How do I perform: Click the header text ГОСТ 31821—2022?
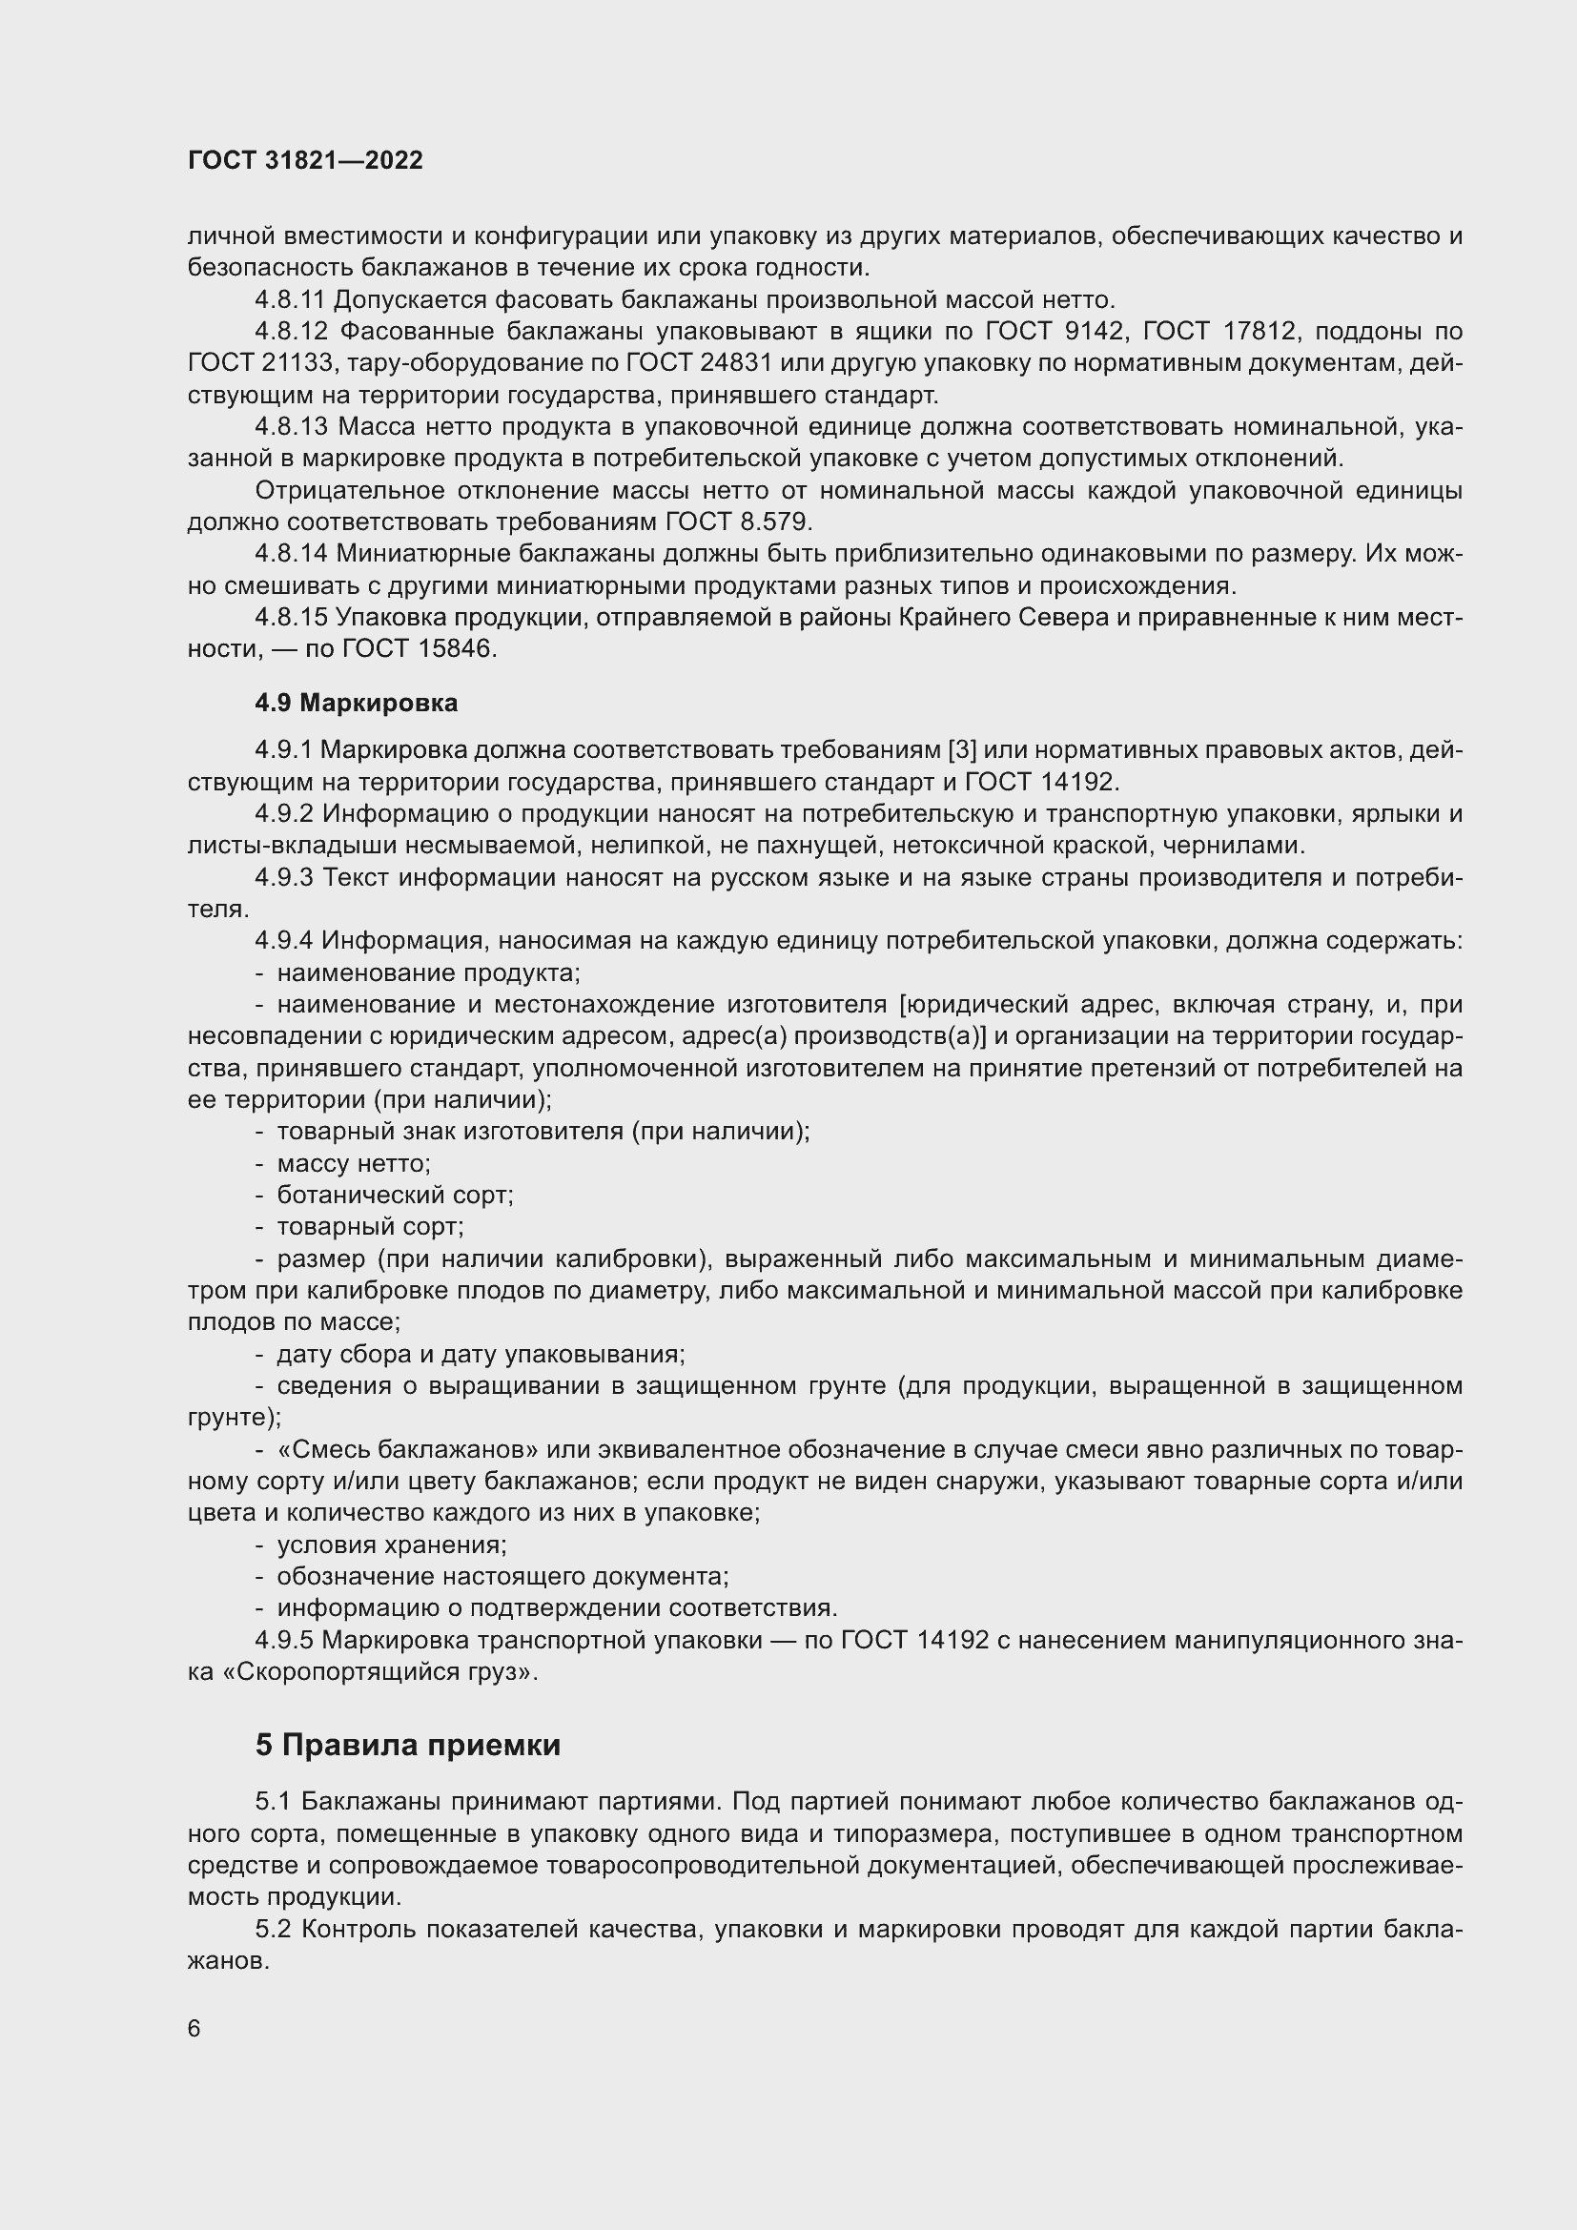coord(305,160)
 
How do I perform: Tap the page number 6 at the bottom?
coord(195,2029)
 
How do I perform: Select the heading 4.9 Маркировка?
coord(357,703)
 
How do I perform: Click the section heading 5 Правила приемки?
coord(408,1746)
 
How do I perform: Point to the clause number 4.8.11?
coord(291,299)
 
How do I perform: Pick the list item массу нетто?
coord(354,1163)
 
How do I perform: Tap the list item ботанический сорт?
coord(395,1196)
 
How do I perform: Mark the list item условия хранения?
coord(391,1545)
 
